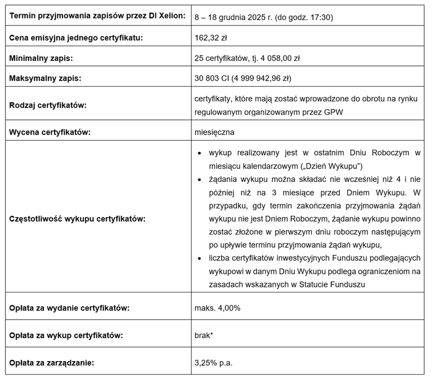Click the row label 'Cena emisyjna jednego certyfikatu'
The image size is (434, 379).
76,38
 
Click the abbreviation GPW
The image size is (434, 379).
333,112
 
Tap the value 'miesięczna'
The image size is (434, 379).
214,132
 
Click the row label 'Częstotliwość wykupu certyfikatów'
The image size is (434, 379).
77,218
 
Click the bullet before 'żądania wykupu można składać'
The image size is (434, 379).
199,179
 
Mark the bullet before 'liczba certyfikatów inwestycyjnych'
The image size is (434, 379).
199,257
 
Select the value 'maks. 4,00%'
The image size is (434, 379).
217,308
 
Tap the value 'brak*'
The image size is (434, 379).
203,335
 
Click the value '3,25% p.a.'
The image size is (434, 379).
213,362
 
